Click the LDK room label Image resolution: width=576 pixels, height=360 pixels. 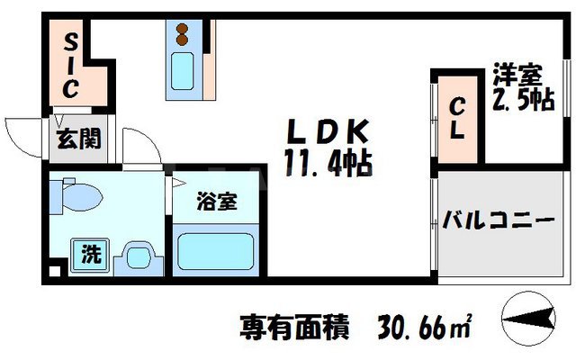click(328, 132)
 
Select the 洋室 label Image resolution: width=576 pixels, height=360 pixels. click(516, 73)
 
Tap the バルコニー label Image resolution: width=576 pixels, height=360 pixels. click(496, 219)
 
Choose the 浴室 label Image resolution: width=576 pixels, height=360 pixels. click(217, 202)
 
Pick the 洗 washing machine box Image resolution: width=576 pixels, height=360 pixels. click(91, 254)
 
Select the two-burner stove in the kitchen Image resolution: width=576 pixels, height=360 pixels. click(183, 35)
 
